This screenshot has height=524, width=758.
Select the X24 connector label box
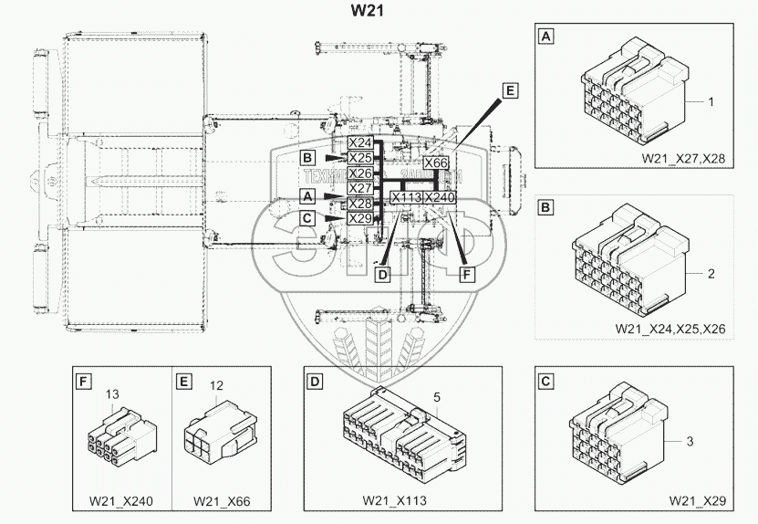tap(360, 143)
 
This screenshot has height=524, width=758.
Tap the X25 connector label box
tap(360, 158)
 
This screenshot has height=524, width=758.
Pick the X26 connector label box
tap(360, 173)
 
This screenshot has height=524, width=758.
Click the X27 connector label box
tap(360, 188)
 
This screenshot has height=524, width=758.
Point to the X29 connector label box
tap(360, 218)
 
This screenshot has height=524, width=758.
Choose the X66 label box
tap(437, 162)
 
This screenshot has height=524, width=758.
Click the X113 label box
tap(406, 197)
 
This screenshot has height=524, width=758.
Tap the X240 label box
tap(440, 197)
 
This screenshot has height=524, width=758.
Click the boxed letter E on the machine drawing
tap(509, 90)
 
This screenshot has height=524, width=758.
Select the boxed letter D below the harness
tap(383, 273)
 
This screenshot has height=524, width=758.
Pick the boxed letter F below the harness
tap(468, 273)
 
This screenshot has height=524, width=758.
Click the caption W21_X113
tap(393, 501)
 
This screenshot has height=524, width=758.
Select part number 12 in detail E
tap(216, 386)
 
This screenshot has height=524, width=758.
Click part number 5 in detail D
tap(438, 397)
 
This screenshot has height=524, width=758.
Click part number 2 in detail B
tap(711, 273)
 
